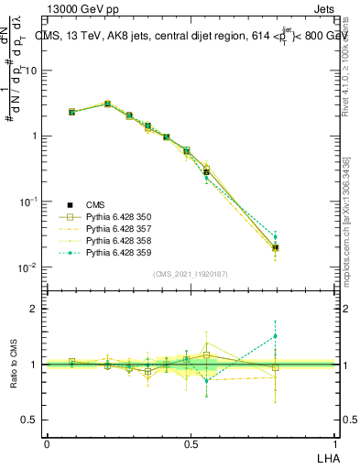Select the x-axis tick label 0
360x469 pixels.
pos(48,442)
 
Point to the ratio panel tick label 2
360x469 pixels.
pos(33,309)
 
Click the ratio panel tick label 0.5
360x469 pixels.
pos(28,420)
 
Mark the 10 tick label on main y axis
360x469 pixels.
pos(30,71)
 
